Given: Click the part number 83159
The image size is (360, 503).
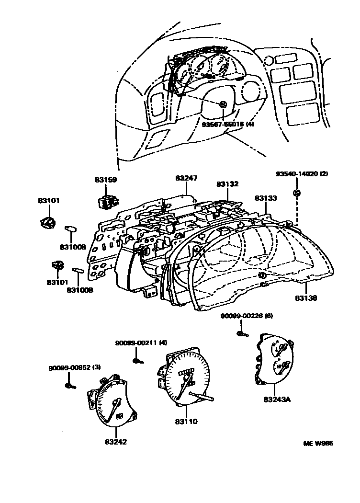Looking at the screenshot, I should [105, 180].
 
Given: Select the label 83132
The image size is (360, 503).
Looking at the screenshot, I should [227, 184].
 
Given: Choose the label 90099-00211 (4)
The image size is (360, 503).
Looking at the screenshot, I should [141, 343].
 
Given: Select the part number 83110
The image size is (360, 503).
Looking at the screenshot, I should [186, 422].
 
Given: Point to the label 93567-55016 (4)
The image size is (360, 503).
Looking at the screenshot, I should [228, 124].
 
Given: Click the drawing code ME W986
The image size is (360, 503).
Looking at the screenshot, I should [318, 444].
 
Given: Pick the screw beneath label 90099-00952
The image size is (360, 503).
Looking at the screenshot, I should [70, 385].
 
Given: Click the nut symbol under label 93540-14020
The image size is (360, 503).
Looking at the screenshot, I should [296, 193].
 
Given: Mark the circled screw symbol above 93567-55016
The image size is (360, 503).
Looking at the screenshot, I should [223, 105].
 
